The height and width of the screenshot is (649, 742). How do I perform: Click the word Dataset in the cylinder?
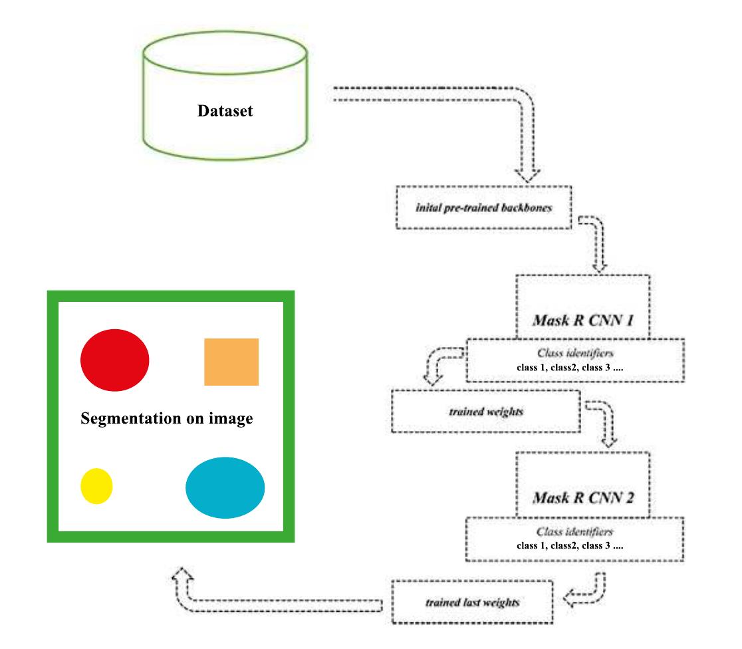click(x=225, y=111)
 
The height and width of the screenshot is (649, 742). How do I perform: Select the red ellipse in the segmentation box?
click(x=115, y=360)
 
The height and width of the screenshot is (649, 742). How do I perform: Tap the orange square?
click(x=231, y=362)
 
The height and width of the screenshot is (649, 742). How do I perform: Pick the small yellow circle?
click(x=96, y=486)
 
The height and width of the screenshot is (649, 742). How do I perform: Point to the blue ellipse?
click(x=225, y=487)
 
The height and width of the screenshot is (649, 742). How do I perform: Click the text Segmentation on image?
click(x=167, y=418)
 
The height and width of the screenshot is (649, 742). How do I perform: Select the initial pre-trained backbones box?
click(x=483, y=207)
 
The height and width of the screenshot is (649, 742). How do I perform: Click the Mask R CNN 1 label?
click(x=583, y=321)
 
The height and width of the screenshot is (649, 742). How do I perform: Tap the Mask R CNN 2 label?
click(x=583, y=498)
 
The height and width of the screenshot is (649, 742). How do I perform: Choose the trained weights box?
click(x=486, y=412)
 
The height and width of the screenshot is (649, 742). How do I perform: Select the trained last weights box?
click(x=472, y=602)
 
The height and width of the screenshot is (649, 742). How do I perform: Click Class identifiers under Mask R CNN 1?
click(x=575, y=352)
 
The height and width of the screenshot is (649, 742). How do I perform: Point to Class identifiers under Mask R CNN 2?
click(x=574, y=531)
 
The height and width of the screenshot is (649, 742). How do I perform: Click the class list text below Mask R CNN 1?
click(x=570, y=367)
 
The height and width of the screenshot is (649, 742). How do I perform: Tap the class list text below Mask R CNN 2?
click(x=570, y=545)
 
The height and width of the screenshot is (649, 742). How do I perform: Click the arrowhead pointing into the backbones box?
click(x=527, y=175)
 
